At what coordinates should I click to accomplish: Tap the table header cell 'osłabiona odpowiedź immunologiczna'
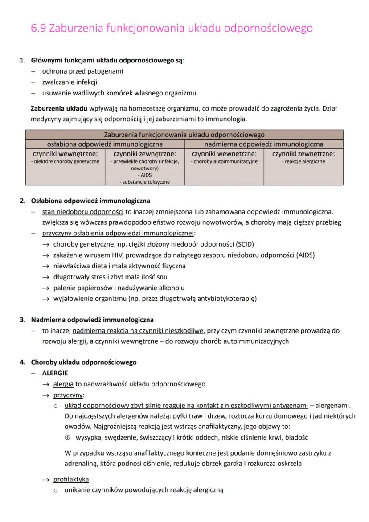105,144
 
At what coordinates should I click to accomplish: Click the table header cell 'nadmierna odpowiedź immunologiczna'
264,144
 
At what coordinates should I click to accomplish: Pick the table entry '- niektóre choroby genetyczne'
66,161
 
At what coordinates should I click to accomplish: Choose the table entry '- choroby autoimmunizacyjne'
224,161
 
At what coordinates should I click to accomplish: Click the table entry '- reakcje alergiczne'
303,161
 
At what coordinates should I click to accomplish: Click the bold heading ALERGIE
55,373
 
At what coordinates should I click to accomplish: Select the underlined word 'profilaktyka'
71,480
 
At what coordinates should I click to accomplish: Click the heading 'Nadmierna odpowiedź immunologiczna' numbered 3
92,320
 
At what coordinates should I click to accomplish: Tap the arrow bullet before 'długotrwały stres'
45,277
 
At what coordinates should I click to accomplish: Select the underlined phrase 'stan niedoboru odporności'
83,212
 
